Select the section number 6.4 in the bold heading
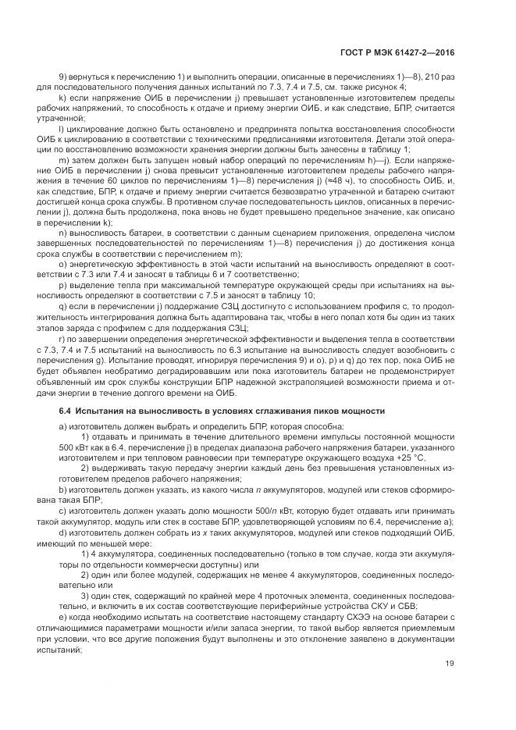pyautogui.click(x=66, y=411)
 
